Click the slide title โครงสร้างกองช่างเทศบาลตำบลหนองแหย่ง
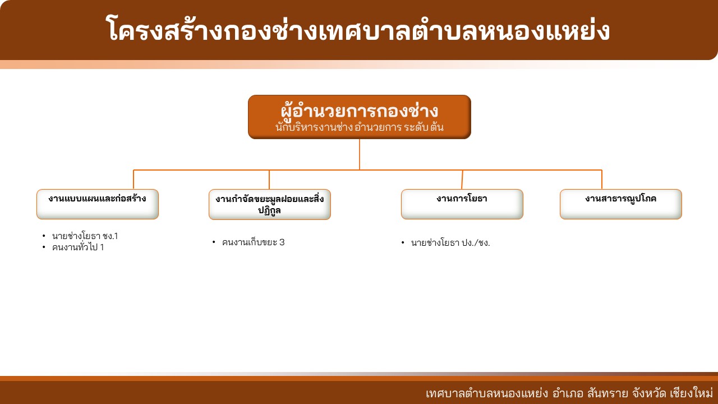click(358, 30)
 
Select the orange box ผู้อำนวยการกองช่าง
click(360, 117)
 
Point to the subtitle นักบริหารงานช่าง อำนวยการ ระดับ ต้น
click(360, 127)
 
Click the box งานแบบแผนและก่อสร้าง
click(98, 204)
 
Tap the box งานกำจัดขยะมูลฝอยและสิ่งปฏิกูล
click(270, 205)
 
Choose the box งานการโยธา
click(462, 204)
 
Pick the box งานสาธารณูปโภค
click(620, 204)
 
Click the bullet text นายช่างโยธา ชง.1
click(85, 236)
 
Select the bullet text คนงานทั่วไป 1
click(78, 247)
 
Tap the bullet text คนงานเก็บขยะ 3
click(253, 242)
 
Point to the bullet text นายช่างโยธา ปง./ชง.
click(450, 243)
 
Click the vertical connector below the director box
click(360, 154)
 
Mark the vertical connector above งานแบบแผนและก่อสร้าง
click(134, 180)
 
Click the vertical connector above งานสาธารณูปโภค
click(602, 180)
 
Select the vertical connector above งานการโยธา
click(462, 180)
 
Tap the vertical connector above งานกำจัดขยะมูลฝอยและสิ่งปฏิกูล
click(269, 180)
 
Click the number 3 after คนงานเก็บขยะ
click(282, 242)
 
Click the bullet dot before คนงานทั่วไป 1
click(44, 247)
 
